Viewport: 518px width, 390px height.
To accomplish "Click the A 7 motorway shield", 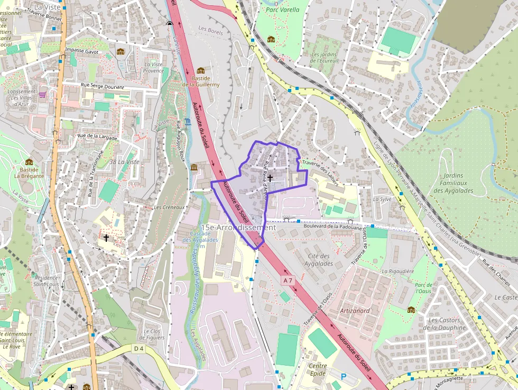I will pyautogui.click(x=287, y=279).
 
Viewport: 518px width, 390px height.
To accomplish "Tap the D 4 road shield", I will pyautogui.click(x=138, y=348).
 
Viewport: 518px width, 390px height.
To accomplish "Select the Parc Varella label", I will pyautogui.click(x=282, y=10).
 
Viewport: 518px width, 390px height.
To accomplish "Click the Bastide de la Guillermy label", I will pyautogui.click(x=201, y=81).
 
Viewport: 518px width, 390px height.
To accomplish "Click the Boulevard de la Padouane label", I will pyautogui.click(x=335, y=228).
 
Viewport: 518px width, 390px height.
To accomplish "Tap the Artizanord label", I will pyautogui.click(x=355, y=311).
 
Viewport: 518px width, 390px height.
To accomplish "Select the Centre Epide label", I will pyautogui.click(x=318, y=369).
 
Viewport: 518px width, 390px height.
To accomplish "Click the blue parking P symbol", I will pyautogui.click(x=344, y=376).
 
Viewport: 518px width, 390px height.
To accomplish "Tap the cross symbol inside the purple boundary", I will pyautogui.click(x=270, y=178).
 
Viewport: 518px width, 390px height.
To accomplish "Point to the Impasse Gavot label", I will pyautogui.click(x=82, y=50).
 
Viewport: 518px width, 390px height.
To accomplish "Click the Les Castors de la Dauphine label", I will pyautogui.click(x=447, y=324).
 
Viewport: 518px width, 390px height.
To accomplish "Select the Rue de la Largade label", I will pyautogui.click(x=97, y=136).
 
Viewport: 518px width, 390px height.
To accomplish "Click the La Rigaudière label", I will pyautogui.click(x=397, y=271).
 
